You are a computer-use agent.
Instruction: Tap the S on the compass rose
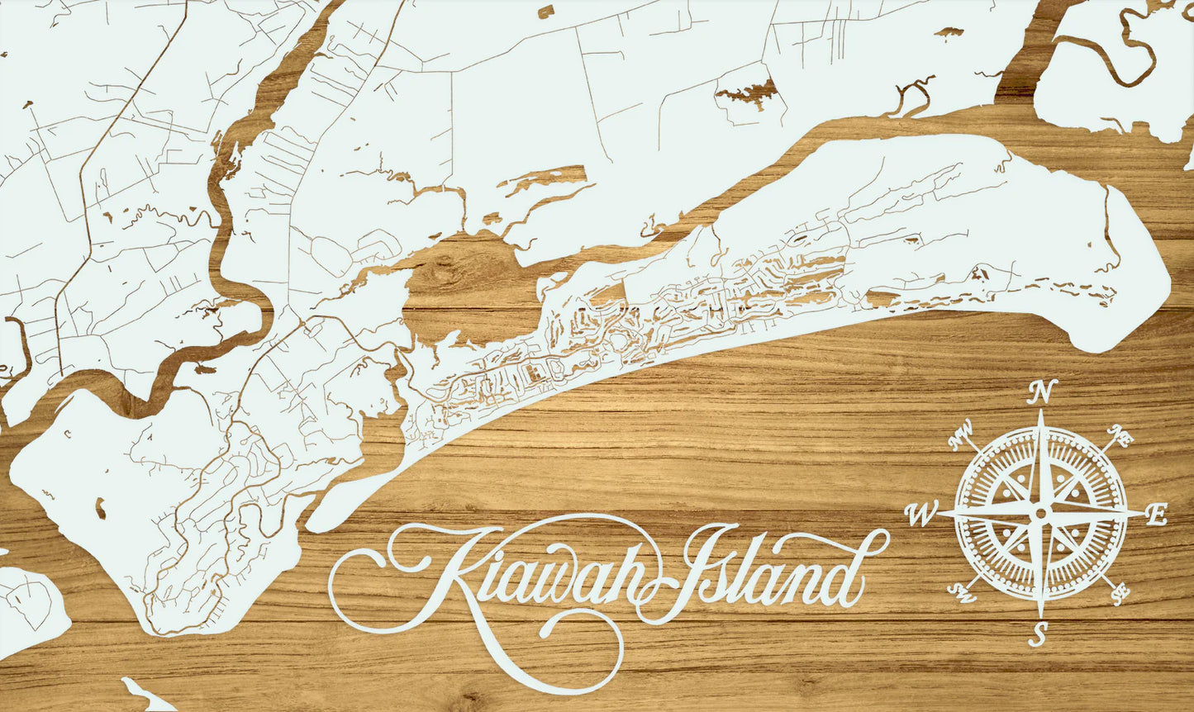(1040, 634)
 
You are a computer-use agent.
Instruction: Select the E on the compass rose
(1158, 515)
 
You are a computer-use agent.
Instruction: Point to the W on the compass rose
(918, 515)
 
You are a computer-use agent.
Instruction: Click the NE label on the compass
(1121, 434)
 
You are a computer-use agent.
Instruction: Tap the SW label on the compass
(961, 592)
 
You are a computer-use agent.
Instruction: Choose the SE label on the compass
(1120, 592)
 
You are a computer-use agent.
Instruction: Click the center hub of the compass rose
(1040, 513)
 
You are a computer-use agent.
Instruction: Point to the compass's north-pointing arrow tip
(1041, 411)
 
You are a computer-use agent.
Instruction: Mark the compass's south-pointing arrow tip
(1040, 616)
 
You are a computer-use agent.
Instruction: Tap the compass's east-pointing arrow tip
(1144, 513)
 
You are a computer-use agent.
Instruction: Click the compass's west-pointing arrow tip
(937, 513)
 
